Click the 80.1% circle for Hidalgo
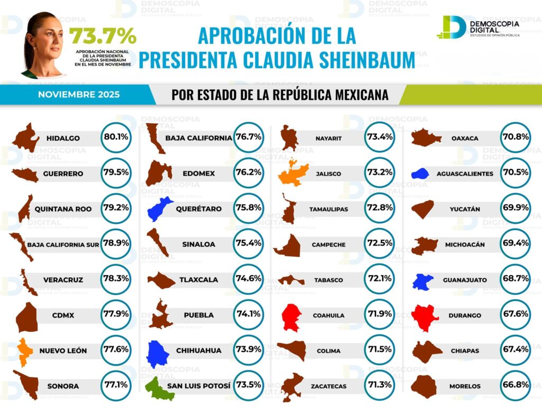(116, 138)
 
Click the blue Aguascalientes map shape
(419, 174)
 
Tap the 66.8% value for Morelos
(515, 385)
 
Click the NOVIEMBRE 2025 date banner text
(79, 95)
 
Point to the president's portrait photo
(42, 45)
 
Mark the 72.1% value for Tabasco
(379, 279)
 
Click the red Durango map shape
(424, 316)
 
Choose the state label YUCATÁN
(465, 209)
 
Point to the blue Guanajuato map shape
(422, 282)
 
